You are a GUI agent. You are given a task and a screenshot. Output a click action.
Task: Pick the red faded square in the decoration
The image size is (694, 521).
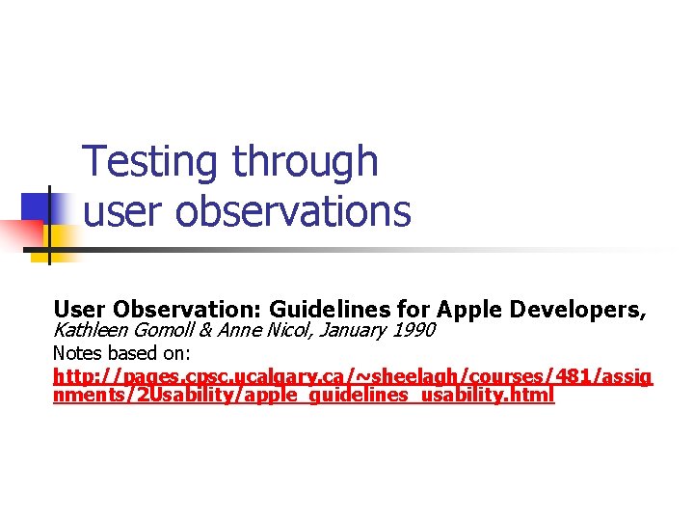pyautogui.click(x=21, y=234)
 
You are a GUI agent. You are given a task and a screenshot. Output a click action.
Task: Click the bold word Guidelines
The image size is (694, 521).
pyautogui.click(x=330, y=310)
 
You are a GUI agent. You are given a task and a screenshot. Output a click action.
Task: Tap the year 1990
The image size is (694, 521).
pyautogui.click(x=414, y=331)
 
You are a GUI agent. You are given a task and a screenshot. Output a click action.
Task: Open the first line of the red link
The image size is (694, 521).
pyautogui.click(x=353, y=376)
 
